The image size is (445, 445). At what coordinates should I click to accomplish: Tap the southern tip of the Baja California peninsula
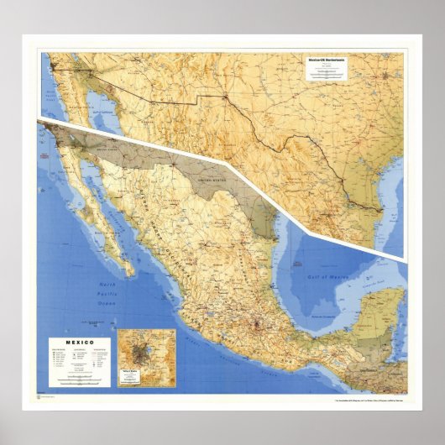click(x=130, y=274)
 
